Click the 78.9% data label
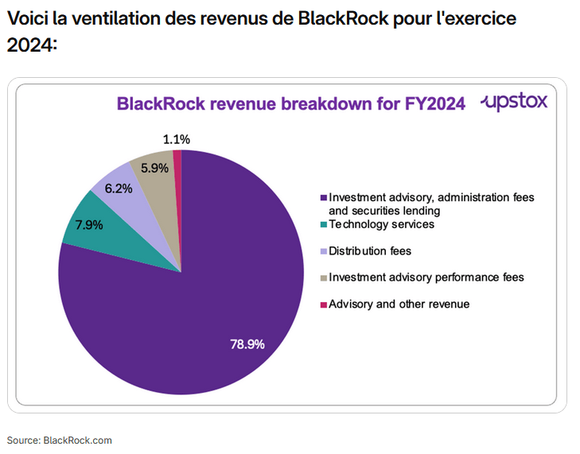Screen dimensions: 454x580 tap(247, 345)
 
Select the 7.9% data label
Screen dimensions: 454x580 tap(89, 224)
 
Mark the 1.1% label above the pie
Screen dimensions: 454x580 tap(176, 139)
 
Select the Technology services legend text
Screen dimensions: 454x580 tap(381, 224)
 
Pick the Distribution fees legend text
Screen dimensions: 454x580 tap(370, 251)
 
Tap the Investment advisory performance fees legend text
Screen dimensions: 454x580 tap(426, 277)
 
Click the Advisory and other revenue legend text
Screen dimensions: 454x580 tap(399, 304)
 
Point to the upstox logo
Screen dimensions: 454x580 tap(514, 102)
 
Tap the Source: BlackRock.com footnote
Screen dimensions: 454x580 tap(60, 440)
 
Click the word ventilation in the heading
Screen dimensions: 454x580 tap(99, 18)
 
